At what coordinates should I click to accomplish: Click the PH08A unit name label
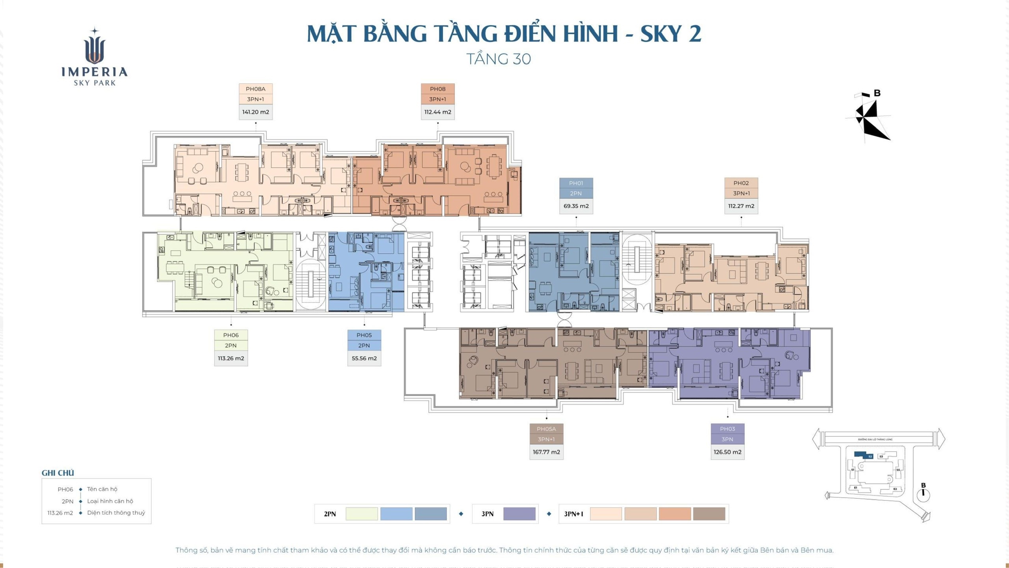point(255,89)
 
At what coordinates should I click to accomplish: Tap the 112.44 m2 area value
point(437,112)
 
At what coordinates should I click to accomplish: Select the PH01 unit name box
point(576,183)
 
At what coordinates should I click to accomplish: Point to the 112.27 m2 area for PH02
point(741,206)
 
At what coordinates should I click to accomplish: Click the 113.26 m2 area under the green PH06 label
point(231,359)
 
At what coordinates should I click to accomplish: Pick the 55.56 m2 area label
point(364,359)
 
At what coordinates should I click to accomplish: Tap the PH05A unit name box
point(546,429)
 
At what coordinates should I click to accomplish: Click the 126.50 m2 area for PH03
point(727,452)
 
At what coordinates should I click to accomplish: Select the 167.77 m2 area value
point(546,452)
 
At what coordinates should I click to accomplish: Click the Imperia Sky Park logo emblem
point(95,49)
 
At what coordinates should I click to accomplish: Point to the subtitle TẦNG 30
point(499,59)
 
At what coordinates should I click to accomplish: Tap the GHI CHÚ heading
point(58,473)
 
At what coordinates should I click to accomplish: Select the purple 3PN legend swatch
point(519,514)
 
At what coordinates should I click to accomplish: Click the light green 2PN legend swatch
point(361,514)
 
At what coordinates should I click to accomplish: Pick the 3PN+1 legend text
point(573,514)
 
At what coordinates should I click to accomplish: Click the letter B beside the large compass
point(877,93)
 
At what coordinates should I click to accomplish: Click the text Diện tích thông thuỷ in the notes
point(116,513)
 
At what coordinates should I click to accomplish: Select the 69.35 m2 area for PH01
point(576,206)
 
